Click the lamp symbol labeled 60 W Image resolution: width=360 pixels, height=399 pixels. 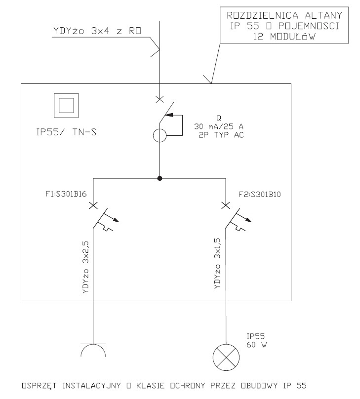tap(226, 357)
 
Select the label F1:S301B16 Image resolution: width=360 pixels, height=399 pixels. tap(66, 194)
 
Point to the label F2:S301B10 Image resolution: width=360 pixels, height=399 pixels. tap(260, 195)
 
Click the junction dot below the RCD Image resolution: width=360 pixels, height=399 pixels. tap(160, 178)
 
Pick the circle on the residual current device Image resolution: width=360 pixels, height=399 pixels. tap(160, 135)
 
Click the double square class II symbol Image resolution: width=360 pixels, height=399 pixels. tap(66, 105)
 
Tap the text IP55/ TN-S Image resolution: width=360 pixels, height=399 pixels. tap(66, 132)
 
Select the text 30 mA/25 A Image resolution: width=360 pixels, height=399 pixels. tap(219, 126)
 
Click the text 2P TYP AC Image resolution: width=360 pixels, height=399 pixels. tap(221, 135)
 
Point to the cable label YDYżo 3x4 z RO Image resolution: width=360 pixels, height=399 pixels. tap(97, 31)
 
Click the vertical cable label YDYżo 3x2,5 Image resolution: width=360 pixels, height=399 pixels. tap(86, 268)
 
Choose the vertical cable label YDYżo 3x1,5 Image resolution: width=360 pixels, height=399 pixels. tap(218, 263)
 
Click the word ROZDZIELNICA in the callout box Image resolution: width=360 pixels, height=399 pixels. tap(262, 15)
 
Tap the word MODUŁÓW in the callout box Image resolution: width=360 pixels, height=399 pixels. tap(292, 37)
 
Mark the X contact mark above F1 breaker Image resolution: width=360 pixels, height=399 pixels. tap(93, 205)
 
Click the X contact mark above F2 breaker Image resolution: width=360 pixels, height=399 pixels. tap(226, 205)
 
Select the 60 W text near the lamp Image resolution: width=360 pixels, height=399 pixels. tap(257, 345)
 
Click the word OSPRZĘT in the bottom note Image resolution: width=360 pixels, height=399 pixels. tap(39, 386)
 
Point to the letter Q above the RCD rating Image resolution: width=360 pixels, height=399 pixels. tap(219, 118)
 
